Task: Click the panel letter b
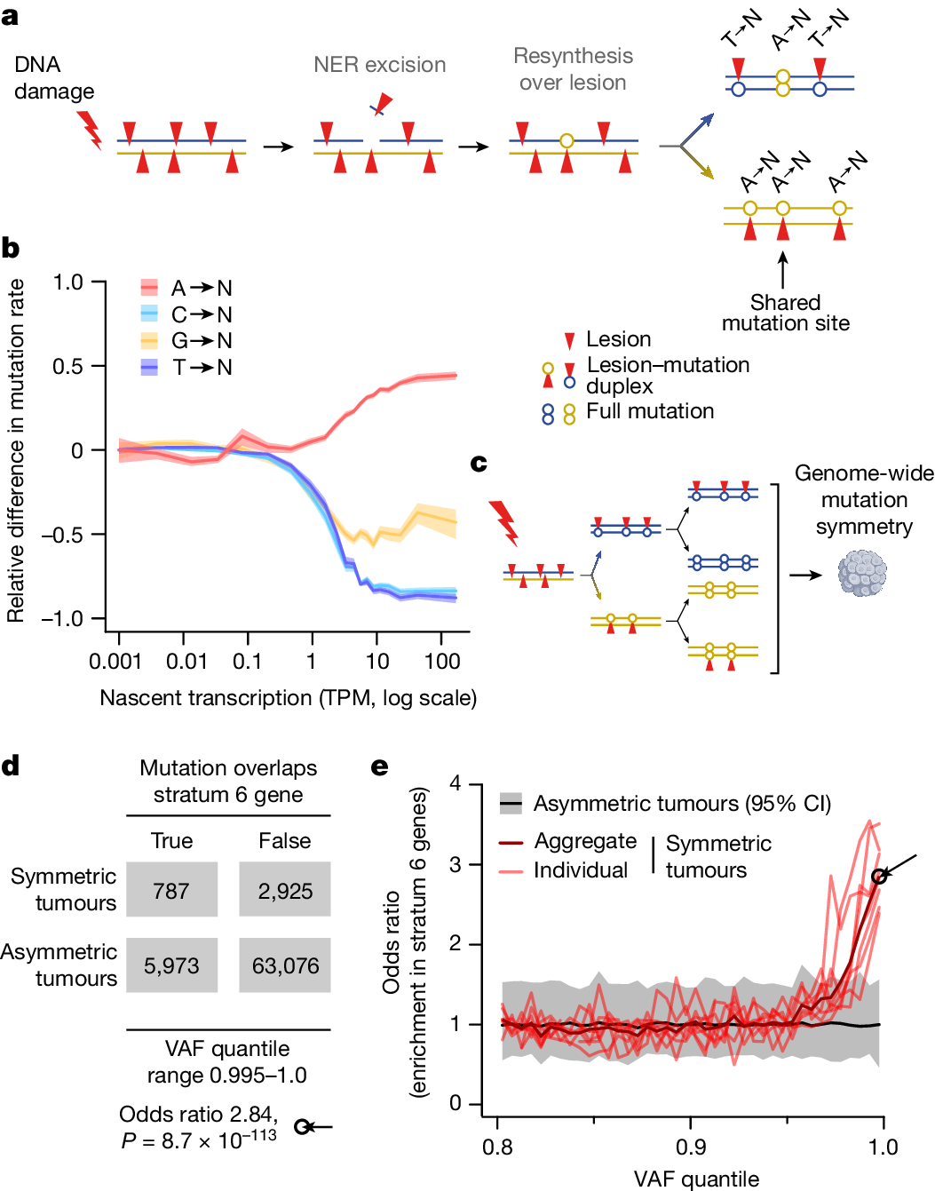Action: point(11,249)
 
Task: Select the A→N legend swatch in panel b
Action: point(149,288)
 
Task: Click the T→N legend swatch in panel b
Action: point(149,367)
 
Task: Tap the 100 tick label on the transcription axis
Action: point(442,662)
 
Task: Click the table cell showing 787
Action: point(171,890)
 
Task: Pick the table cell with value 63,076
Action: point(285,965)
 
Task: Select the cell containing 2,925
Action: point(285,890)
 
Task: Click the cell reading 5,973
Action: point(171,965)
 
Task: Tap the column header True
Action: point(171,840)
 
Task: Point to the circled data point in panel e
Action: point(878,877)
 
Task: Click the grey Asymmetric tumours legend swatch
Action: point(511,804)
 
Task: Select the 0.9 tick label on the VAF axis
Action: point(691,1147)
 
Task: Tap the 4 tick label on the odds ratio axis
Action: point(456,783)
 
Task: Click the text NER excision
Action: point(379,65)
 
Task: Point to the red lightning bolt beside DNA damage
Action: point(90,130)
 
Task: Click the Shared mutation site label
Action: point(785,313)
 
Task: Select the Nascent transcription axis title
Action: point(288,698)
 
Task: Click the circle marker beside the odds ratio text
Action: point(302,1127)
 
